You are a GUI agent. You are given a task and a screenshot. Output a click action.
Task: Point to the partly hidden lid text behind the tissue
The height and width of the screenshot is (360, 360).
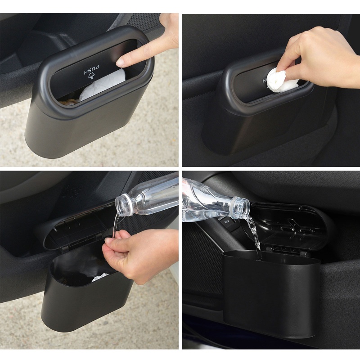coord(265,80)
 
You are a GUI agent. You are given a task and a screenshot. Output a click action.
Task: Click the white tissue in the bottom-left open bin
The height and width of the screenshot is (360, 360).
coord(101,278)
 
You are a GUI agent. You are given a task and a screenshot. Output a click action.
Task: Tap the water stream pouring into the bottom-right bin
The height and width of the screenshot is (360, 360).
coord(256,236)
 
